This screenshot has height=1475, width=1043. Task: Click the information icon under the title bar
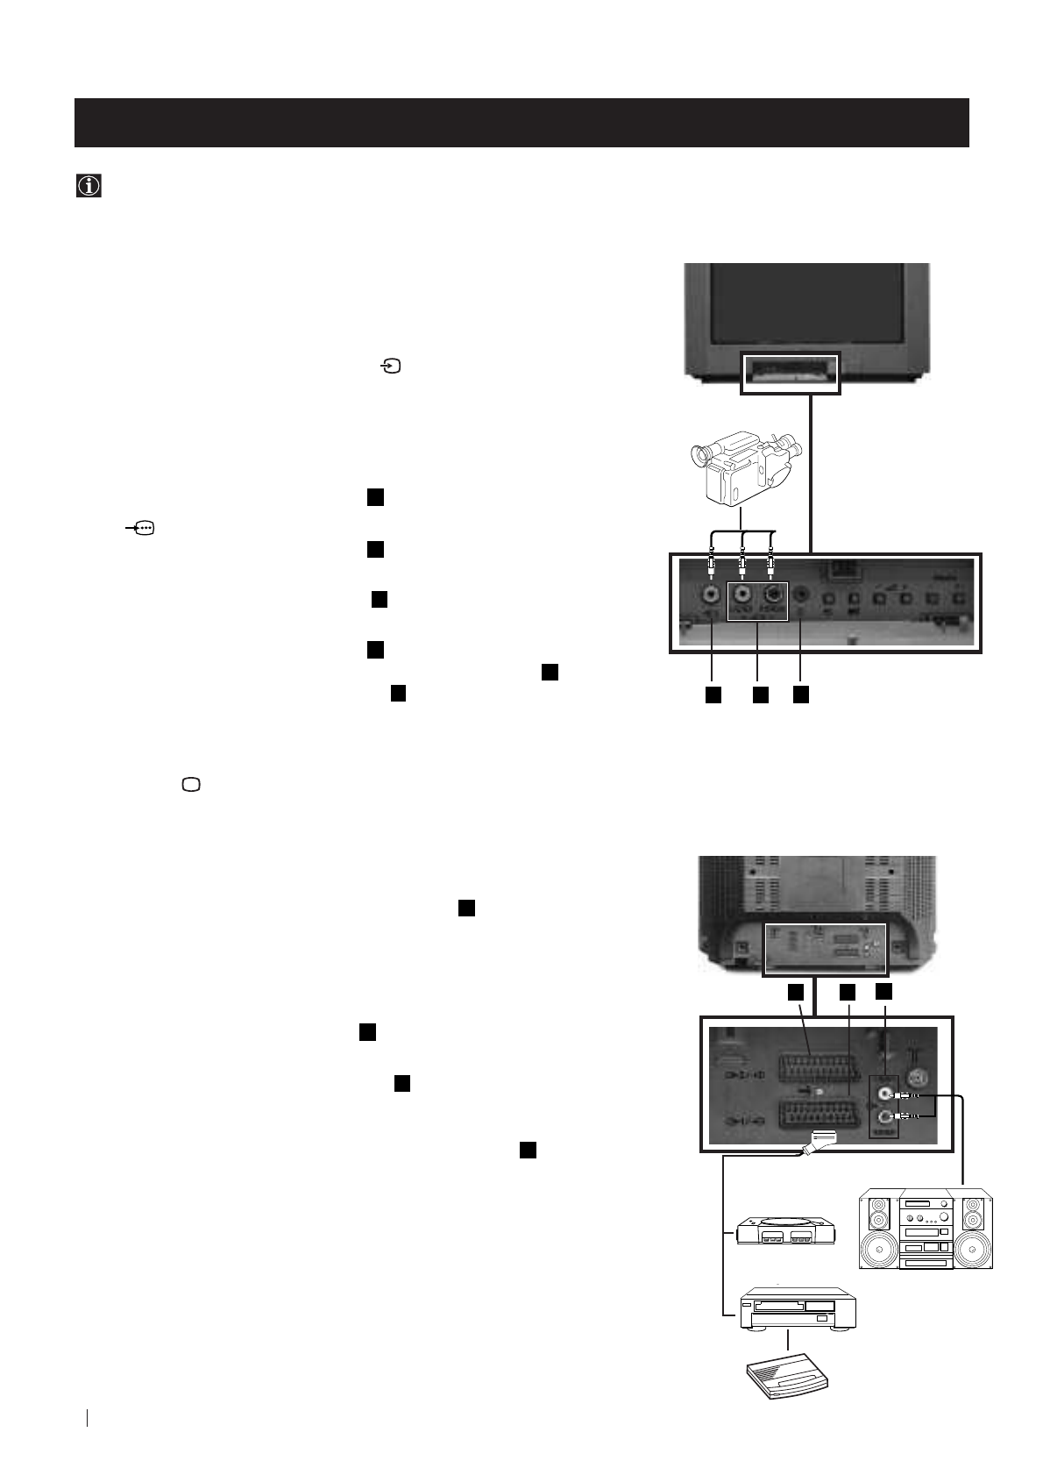click(x=89, y=187)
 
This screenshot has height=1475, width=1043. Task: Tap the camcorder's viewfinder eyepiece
click(x=699, y=455)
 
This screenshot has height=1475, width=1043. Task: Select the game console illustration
click(x=784, y=1230)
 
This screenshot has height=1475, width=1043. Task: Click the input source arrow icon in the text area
click(x=390, y=367)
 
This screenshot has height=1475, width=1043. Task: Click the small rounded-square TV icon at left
click(x=191, y=785)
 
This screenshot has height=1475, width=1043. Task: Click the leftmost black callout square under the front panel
click(x=713, y=695)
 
